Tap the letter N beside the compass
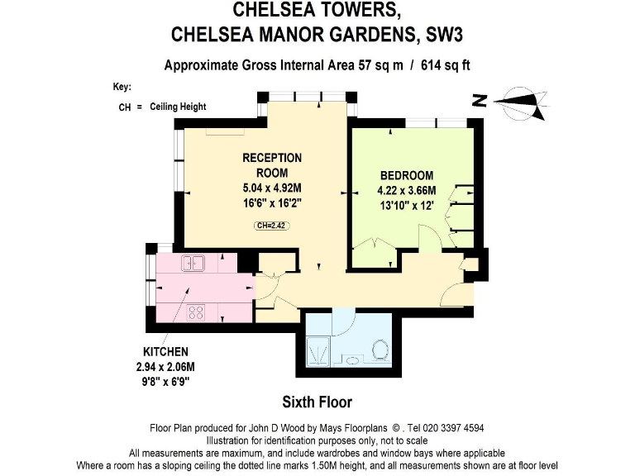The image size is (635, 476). (477, 101)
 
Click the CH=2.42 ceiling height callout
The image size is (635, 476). (271, 225)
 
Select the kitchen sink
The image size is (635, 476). (195, 264)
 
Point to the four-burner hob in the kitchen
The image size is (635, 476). (197, 312)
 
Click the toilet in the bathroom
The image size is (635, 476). (381, 350)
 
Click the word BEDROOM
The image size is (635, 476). (406, 175)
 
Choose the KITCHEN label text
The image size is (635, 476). (165, 351)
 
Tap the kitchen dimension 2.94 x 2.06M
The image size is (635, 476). (165, 366)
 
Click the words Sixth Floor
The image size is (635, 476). (317, 402)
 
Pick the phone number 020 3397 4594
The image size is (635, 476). (453, 428)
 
